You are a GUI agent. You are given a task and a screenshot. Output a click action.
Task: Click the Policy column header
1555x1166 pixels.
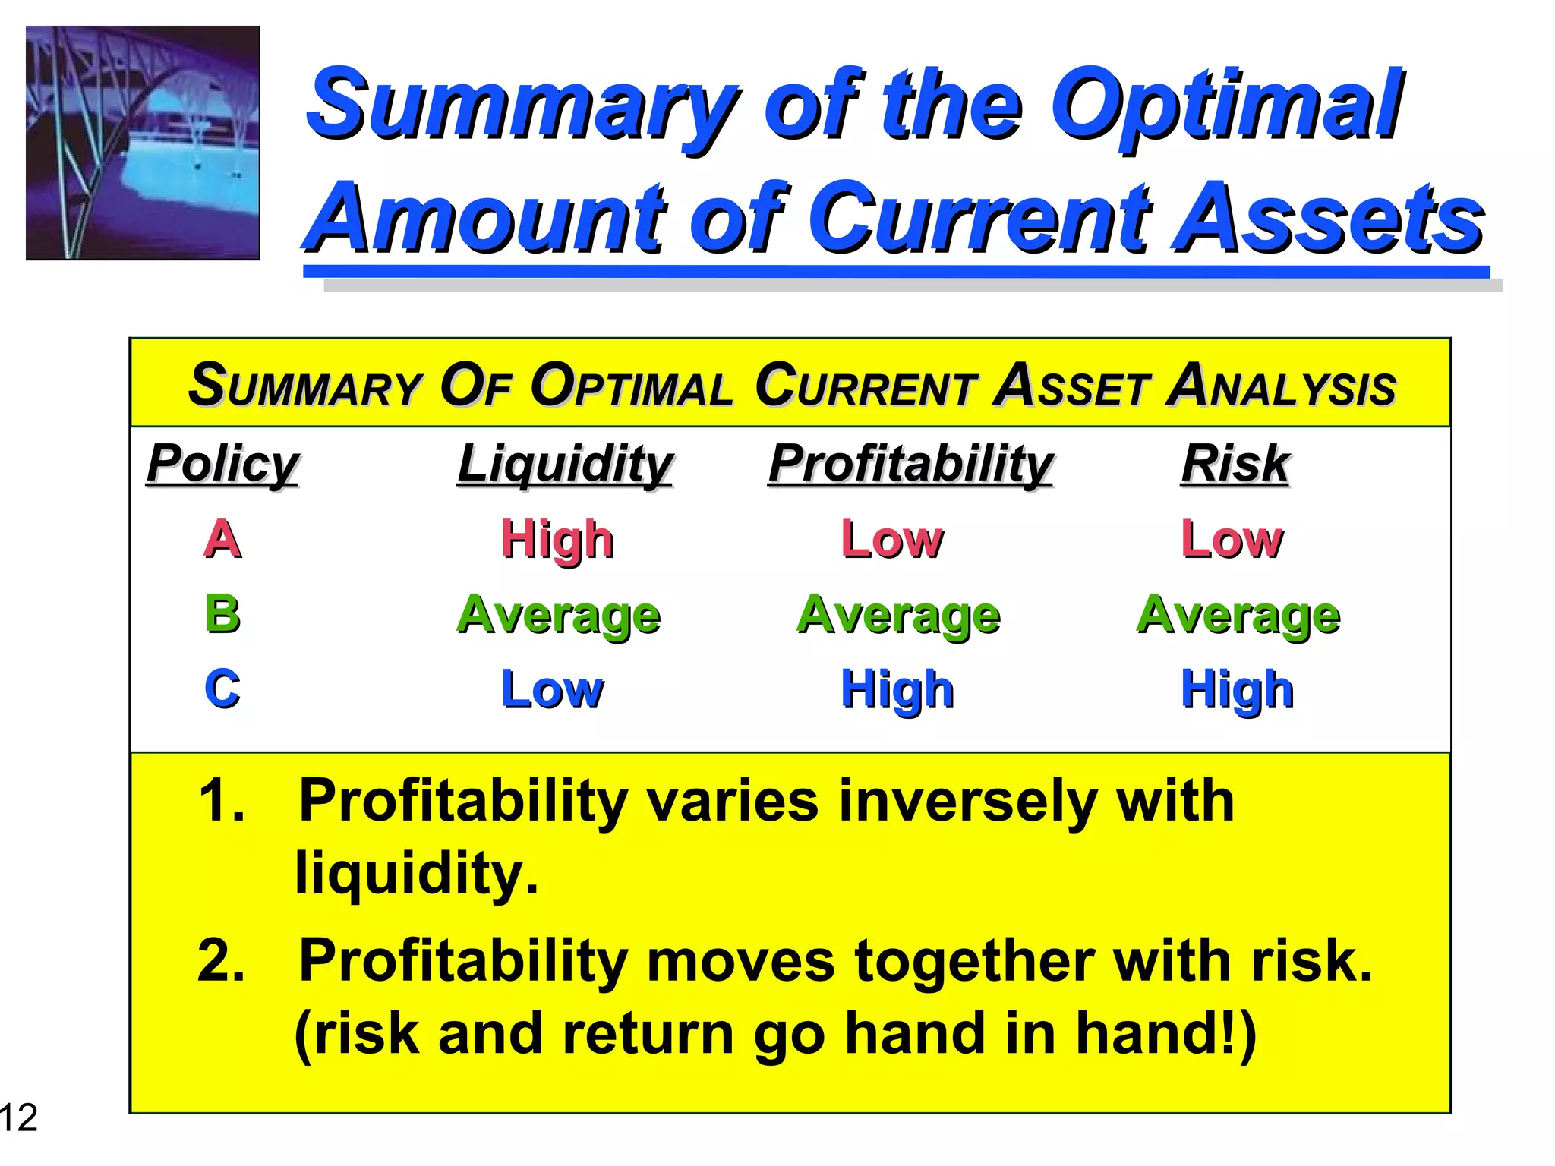pyautogui.click(x=222, y=463)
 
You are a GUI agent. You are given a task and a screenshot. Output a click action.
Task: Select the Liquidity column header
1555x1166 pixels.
pyautogui.click(x=565, y=463)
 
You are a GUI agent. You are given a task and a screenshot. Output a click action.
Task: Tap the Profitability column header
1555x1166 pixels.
pyautogui.click(x=910, y=463)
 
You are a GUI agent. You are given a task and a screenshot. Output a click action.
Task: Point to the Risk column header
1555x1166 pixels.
pyautogui.click(x=1235, y=463)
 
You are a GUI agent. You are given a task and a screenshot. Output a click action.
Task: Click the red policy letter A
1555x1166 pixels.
pyautogui.click(x=222, y=539)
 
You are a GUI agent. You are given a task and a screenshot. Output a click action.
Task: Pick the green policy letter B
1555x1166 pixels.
pyautogui.click(x=222, y=613)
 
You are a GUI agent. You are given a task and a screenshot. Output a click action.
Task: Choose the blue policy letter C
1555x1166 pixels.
pyautogui.click(x=222, y=689)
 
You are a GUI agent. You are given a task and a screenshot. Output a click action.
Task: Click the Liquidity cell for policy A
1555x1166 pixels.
pyautogui.click(x=557, y=539)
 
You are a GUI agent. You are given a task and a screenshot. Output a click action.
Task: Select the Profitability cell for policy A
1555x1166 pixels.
pyautogui.click(x=892, y=539)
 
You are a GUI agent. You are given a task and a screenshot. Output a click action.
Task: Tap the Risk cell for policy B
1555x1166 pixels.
pyautogui.click(x=1238, y=613)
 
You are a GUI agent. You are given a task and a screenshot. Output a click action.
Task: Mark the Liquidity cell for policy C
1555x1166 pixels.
pyautogui.click(x=553, y=689)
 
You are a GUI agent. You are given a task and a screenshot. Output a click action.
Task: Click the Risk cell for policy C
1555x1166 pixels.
pyautogui.click(x=1238, y=689)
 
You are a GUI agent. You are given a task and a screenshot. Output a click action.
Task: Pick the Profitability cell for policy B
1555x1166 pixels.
pyautogui.click(x=898, y=613)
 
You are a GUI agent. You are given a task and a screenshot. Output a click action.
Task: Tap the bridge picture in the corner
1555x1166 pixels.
pyautogui.click(x=143, y=143)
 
